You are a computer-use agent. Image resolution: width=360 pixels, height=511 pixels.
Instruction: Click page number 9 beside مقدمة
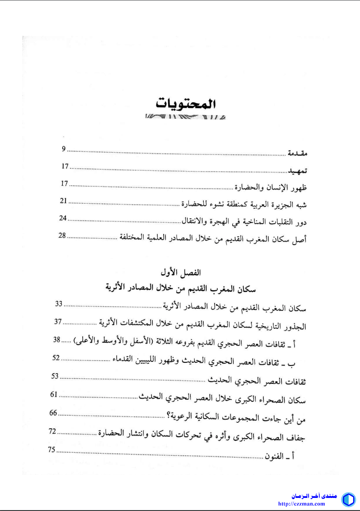coord(64,149)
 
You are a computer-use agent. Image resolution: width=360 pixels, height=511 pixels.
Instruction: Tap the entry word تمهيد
coord(297,172)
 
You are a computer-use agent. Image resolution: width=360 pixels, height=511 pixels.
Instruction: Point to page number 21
coord(64,200)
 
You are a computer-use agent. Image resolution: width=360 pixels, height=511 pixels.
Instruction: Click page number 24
coord(63,218)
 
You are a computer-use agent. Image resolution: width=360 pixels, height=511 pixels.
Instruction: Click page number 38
coord(57,340)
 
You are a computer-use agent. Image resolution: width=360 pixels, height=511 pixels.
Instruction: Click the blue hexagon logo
coord(348,499)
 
